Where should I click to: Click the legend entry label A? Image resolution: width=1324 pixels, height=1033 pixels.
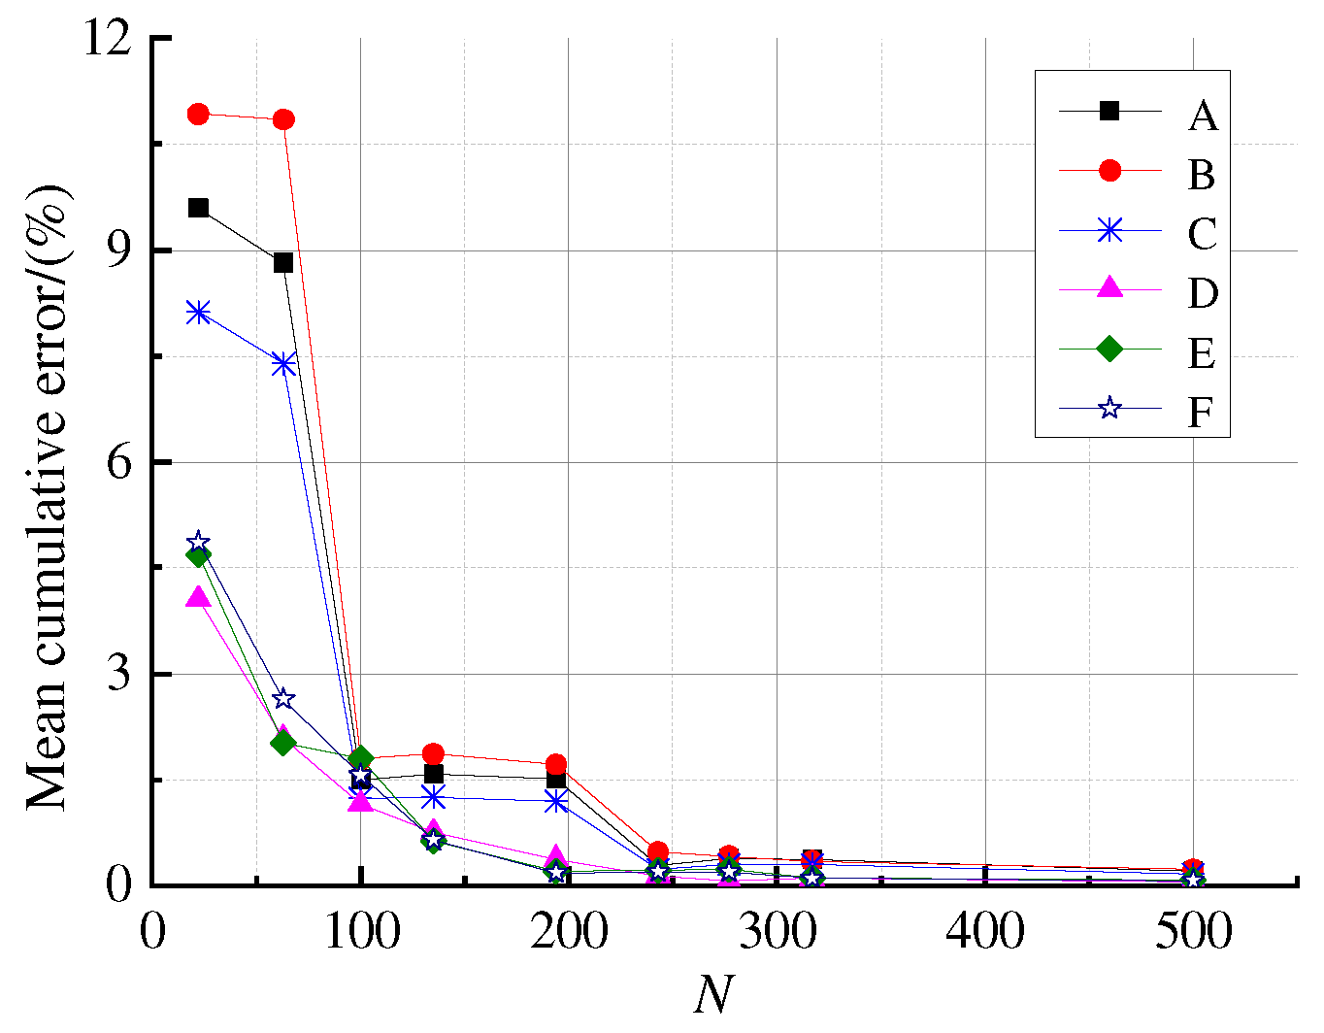click(x=1202, y=116)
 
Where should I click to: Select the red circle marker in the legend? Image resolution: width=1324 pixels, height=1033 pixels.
click(x=1109, y=171)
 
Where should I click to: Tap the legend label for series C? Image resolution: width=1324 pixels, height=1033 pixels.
click(x=1202, y=234)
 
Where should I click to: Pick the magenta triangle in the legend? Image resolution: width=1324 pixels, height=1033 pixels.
click(x=1109, y=288)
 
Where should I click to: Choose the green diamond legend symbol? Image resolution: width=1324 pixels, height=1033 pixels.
click(x=1109, y=349)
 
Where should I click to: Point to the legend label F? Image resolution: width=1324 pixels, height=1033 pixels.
click(x=1200, y=413)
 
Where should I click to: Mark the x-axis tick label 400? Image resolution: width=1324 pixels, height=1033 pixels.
click(x=985, y=933)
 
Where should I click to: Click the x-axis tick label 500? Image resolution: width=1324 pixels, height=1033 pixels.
click(x=1193, y=933)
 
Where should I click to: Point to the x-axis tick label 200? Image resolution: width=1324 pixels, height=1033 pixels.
click(x=569, y=933)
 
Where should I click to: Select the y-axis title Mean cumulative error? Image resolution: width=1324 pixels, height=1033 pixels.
click(x=49, y=495)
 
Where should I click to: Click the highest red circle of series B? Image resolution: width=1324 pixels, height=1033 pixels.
click(x=198, y=114)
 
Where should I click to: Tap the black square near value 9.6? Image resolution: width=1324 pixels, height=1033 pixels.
click(x=198, y=208)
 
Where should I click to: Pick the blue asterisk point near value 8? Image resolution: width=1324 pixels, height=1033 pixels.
click(x=198, y=312)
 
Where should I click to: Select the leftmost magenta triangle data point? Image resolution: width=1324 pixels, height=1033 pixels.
click(x=198, y=597)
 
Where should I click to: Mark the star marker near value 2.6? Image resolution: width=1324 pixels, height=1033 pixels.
click(x=283, y=699)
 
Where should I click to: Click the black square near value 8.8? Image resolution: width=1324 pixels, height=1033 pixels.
click(x=283, y=262)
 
